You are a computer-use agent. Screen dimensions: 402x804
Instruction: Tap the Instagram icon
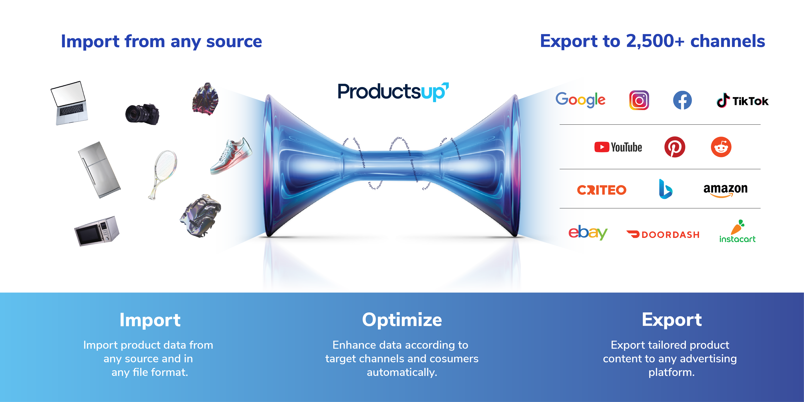click(x=639, y=100)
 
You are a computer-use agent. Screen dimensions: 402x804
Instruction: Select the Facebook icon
click(x=682, y=100)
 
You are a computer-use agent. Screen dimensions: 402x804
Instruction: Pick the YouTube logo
click(x=618, y=147)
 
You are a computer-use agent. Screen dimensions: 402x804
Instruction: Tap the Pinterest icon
click(x=675, y=147)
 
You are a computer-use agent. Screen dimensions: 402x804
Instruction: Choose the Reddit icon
click(x=721, y=147)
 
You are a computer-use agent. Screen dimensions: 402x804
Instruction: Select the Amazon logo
click(x=725, y=190)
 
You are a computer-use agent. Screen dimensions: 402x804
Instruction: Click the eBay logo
click(x=588, y=232)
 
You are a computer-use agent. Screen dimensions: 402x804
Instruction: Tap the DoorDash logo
click(x=663, y=234)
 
